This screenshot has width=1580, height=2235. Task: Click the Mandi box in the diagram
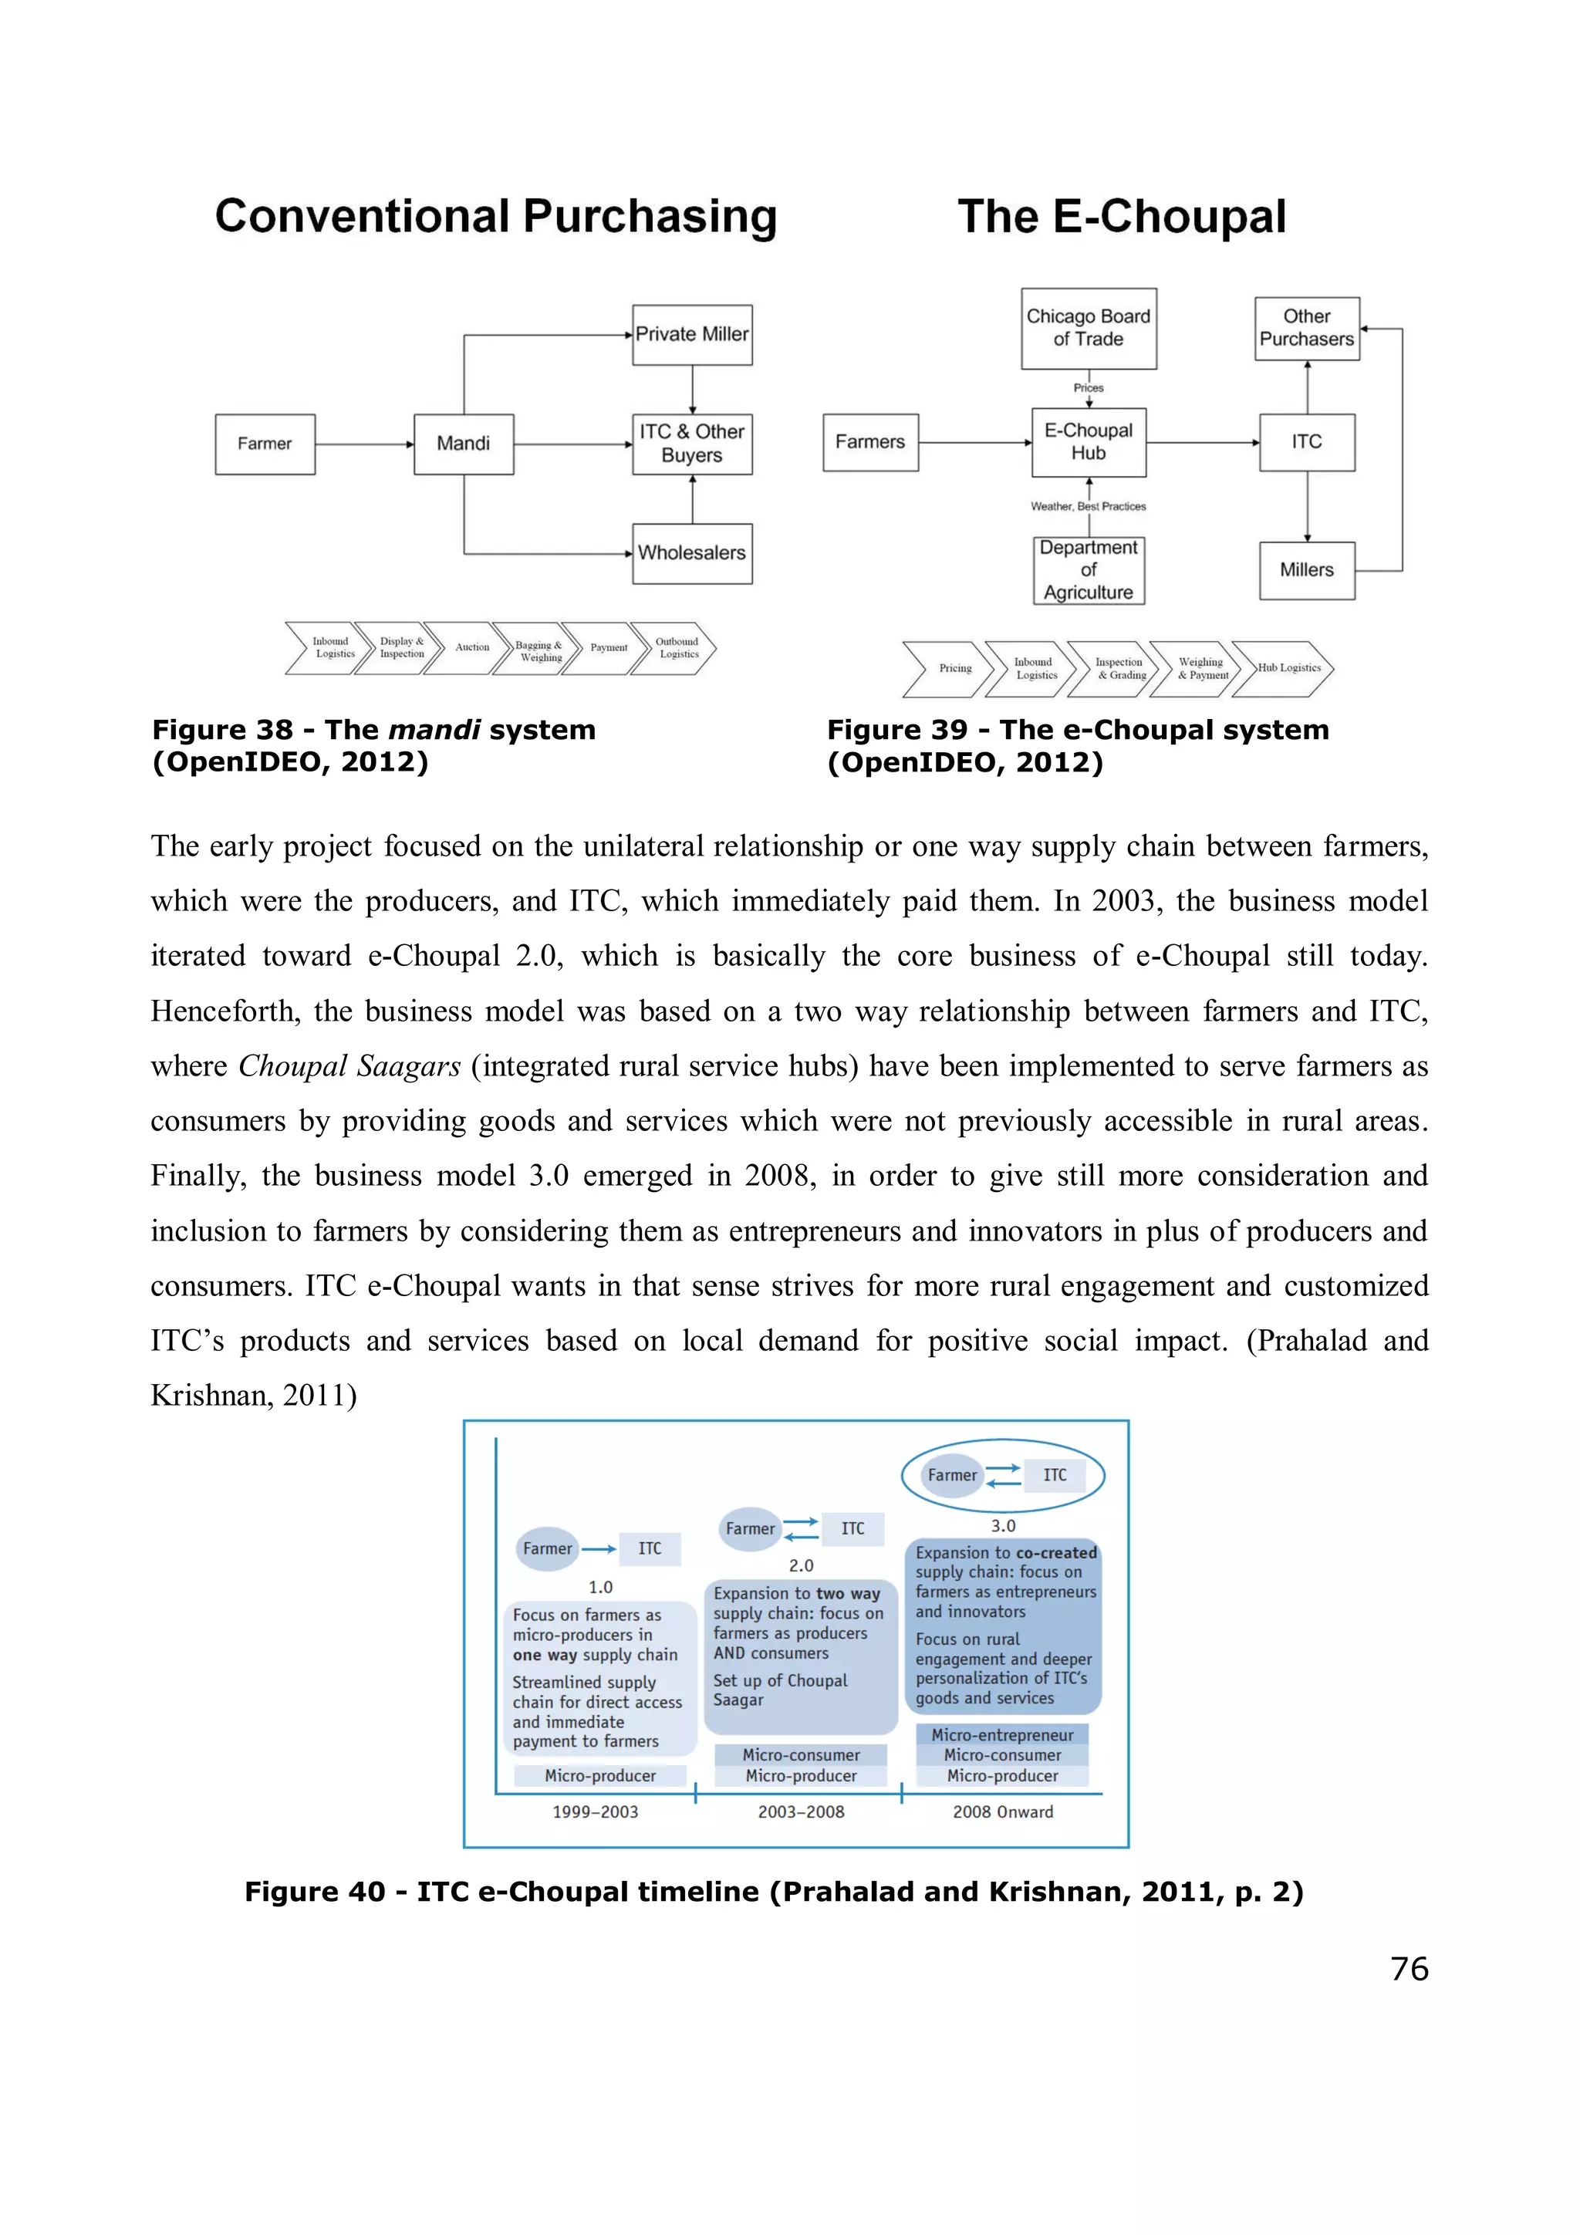[x=464, y=444]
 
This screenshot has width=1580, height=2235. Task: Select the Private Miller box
[x=692, y=334]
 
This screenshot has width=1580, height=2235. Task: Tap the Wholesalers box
[x=692, y=553]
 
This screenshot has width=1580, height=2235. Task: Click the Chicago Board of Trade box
[x=1089, y=328]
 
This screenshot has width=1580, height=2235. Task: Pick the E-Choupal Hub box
[x=1089, y=442]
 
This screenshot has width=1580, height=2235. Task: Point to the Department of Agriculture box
[x=1089, y=570]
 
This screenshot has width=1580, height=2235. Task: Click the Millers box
[x=1306, y=570]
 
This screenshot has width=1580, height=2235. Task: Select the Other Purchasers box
[x=1306, y=328]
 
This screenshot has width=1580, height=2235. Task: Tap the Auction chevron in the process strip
[x=472, y=647]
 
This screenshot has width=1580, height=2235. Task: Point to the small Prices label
[x=1089, y=387]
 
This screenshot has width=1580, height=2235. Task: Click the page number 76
[x=1410, y=1968]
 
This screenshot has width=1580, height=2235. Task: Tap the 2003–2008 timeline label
[x=802, y=1811]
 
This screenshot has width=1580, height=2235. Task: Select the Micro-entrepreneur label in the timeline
[x=1003, y=1734]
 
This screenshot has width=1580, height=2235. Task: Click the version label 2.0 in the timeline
[x=802, y=1565]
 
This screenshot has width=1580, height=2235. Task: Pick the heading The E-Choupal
[x=1122, y=216]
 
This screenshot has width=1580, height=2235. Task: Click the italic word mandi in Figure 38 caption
[x=434, y=730]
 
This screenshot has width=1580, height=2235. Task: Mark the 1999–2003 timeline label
[x=596, y=1811]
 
